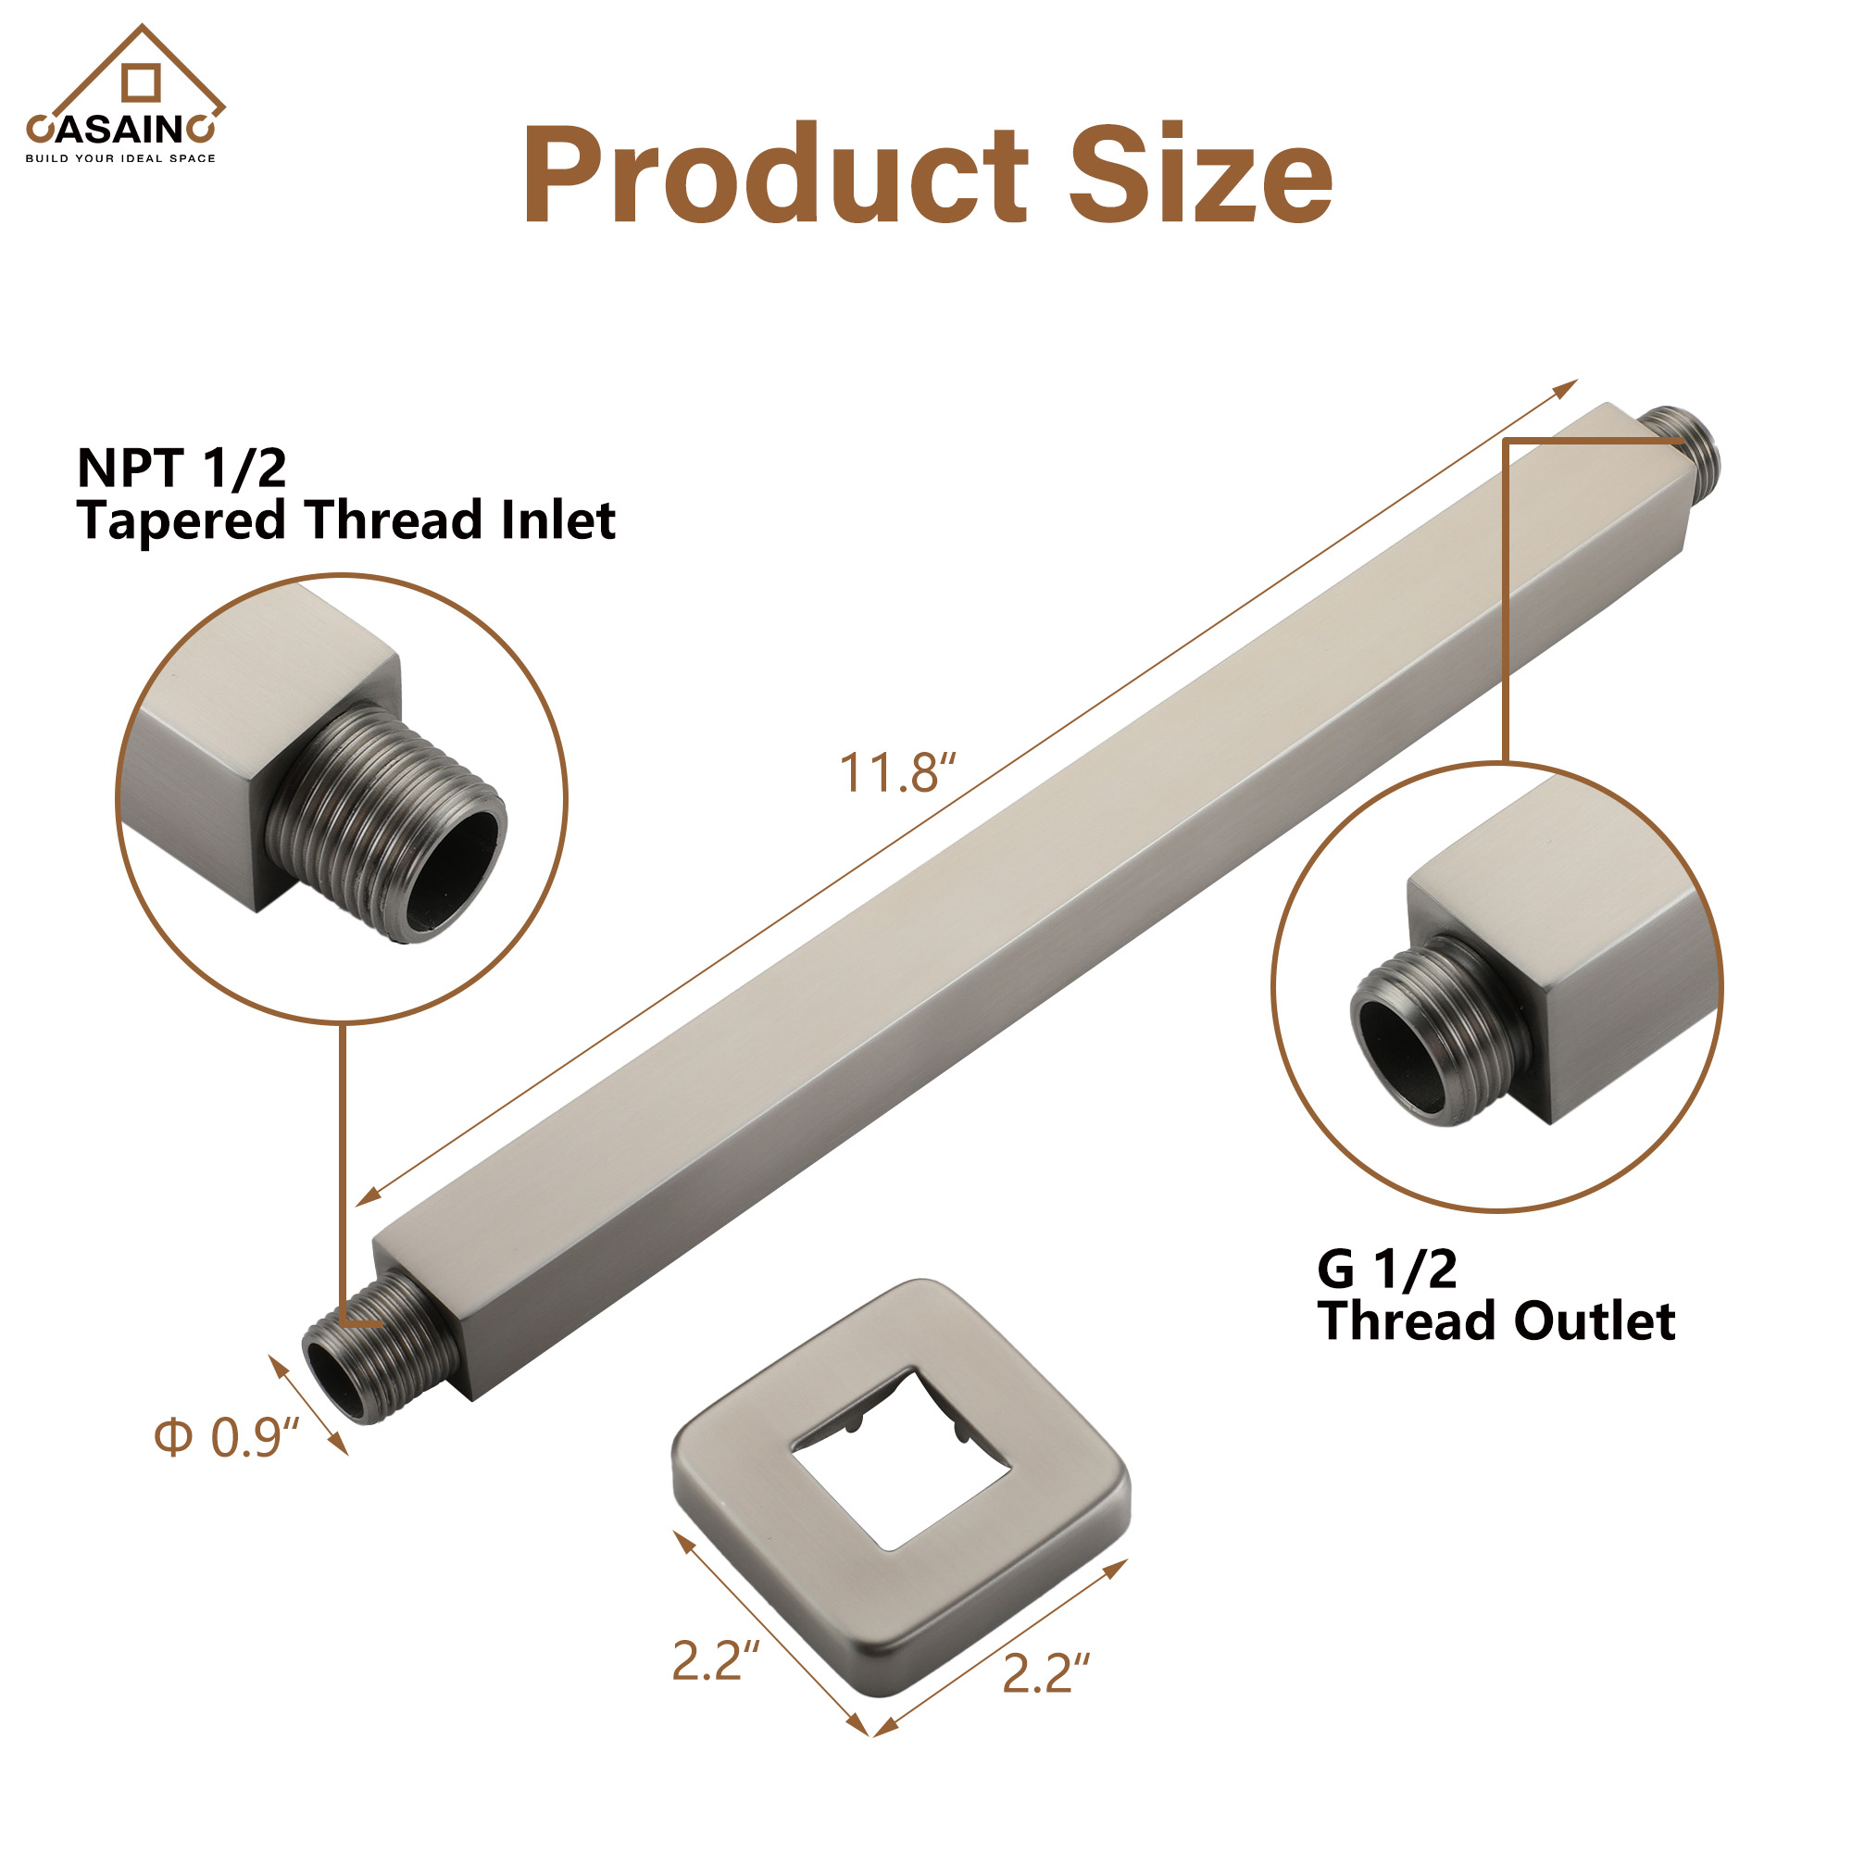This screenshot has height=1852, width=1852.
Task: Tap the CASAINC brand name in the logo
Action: (120, 129)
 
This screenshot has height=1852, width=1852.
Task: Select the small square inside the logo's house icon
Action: (141, 82)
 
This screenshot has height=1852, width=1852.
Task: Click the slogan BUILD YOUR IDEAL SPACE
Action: (120, 158)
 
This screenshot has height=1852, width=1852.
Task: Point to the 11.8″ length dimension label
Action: (897, 773)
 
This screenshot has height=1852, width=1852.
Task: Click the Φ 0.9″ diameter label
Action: (227, 1438)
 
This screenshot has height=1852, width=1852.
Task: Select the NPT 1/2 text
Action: (182, 469)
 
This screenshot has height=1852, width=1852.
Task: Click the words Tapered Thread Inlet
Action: (346, 520)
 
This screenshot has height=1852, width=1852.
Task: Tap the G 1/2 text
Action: (1386, 1270)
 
